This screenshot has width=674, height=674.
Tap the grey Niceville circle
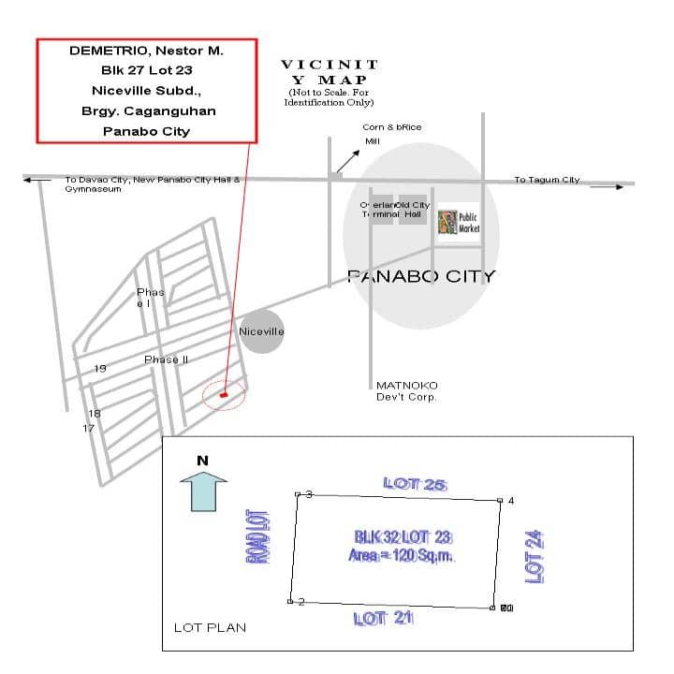coord(261,331)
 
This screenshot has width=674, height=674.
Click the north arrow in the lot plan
coord(203,489)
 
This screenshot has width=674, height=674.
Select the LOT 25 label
coord(415,484)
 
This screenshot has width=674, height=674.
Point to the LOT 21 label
coord(383,618)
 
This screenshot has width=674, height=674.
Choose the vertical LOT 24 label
coord(535,556)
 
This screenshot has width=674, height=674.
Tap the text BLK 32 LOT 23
coord(403,537)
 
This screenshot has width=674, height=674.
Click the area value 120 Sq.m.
coord(403,555)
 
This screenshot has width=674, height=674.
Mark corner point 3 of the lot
coord(298,494)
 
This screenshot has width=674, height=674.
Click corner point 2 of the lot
coord(290,601)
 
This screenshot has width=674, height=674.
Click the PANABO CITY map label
coord(420,276)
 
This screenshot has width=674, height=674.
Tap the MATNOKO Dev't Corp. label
coord(406,391)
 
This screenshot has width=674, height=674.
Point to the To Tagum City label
coord(547,180)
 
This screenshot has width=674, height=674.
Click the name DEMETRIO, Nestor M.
coord(146,51)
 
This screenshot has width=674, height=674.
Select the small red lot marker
coord(223,395)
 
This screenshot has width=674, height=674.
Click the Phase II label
coord(167,359)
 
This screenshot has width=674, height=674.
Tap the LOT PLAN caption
coord(210,627)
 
